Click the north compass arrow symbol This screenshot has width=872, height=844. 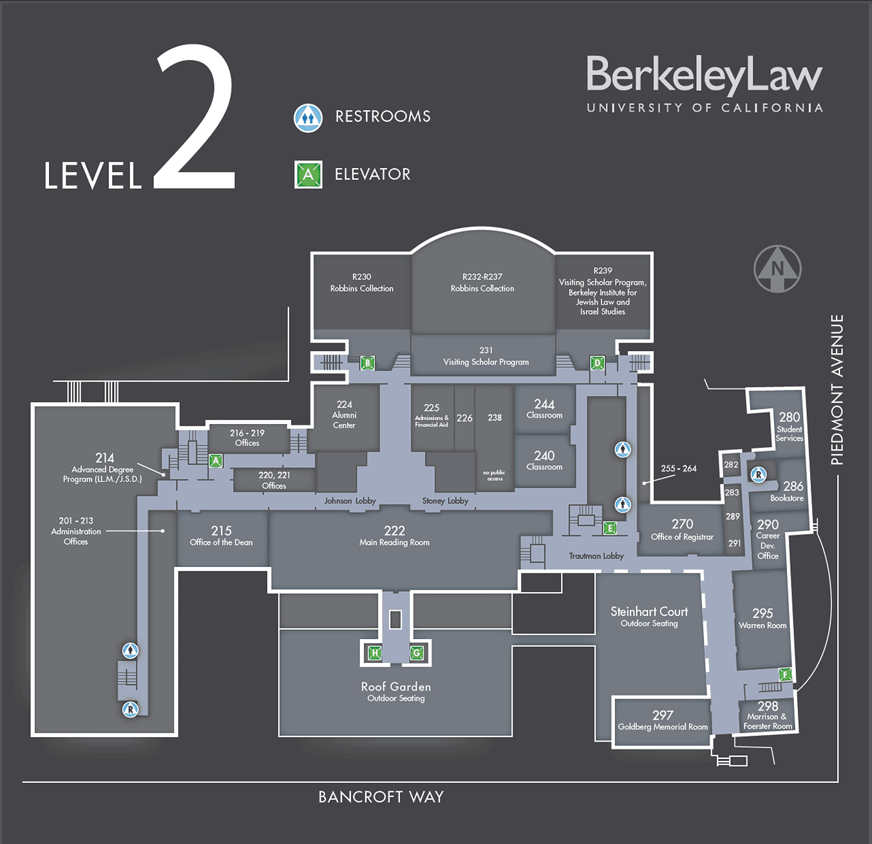[x=777, y=269]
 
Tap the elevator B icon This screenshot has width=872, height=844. [x=367, y=363]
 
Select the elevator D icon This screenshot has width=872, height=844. [x=597, y=363]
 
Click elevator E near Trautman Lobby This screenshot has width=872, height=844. [x=609, y=528]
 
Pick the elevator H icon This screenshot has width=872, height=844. [x=374, y=653]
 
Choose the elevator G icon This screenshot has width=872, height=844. [x=417, y=653]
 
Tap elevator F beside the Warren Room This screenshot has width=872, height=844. [x=784, y=675]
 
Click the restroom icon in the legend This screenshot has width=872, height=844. [x=308, y=118]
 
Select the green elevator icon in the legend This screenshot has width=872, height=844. [x=308, y=175]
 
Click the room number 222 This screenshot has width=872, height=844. [x=394, y=531]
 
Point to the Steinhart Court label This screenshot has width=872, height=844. [x=649, y=612]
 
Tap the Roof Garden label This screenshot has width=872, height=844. [x=395, y=687]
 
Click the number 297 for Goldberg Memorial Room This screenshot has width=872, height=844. [x=663, y=715]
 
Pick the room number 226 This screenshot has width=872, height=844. [x=464, y=418]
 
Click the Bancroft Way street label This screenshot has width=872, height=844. [x=381, y=797]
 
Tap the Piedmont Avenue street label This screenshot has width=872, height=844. [x=837, y=389]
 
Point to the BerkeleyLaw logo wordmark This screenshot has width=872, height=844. [x=704, y=75]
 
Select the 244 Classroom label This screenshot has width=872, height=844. [x=544, y=408]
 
